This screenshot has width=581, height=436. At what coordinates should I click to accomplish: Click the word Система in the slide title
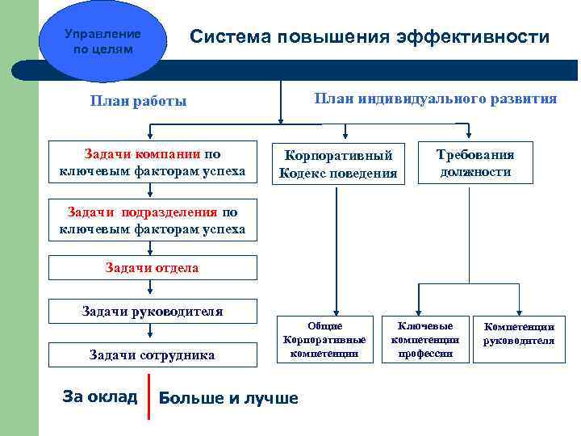[229, 38]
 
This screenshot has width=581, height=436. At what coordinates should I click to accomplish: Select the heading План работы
[138, 101]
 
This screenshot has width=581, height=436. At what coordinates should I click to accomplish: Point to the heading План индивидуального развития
[435, 99]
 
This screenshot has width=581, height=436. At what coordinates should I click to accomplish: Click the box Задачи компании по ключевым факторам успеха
[153, 161]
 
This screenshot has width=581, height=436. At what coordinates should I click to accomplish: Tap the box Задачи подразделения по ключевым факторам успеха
[153, 220]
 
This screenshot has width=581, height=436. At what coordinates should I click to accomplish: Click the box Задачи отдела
[153, 267]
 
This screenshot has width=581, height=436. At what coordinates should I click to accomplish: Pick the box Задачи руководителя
[153, 311]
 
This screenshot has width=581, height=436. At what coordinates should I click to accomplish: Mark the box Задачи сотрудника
[153, 354]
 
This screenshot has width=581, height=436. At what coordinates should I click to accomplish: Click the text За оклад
[99, 396]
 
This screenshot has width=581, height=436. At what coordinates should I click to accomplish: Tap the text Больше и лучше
[228, 397]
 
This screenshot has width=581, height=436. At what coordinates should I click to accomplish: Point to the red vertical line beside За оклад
[149, 396]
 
